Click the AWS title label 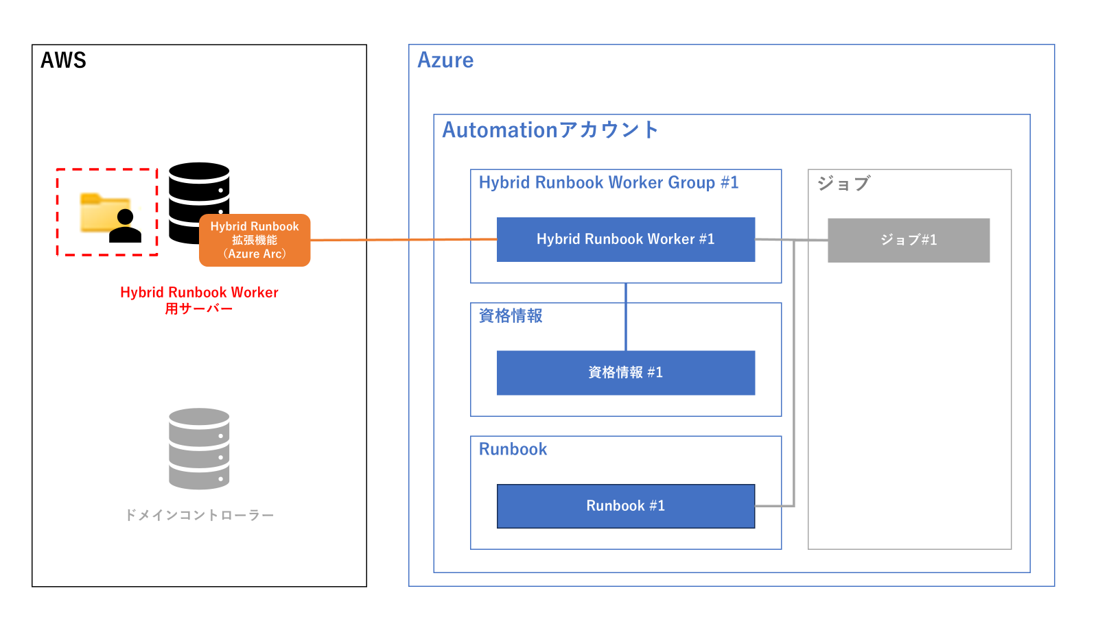[63, 60]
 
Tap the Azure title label [445, 60]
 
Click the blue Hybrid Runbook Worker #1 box [625, 239]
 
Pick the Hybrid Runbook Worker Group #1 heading [608, 182]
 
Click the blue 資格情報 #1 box [625, 372]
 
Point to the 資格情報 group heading [511, 315]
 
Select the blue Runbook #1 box [625, 506]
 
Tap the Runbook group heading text [513, 449]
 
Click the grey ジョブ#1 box [908, 240]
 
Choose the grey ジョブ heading [843, 183]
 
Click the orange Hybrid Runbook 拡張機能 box [255, 241]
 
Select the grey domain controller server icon [199, 448]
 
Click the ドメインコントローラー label [199, 515]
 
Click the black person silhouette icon [125, 228]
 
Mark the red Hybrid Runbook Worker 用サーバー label [199, 300]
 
